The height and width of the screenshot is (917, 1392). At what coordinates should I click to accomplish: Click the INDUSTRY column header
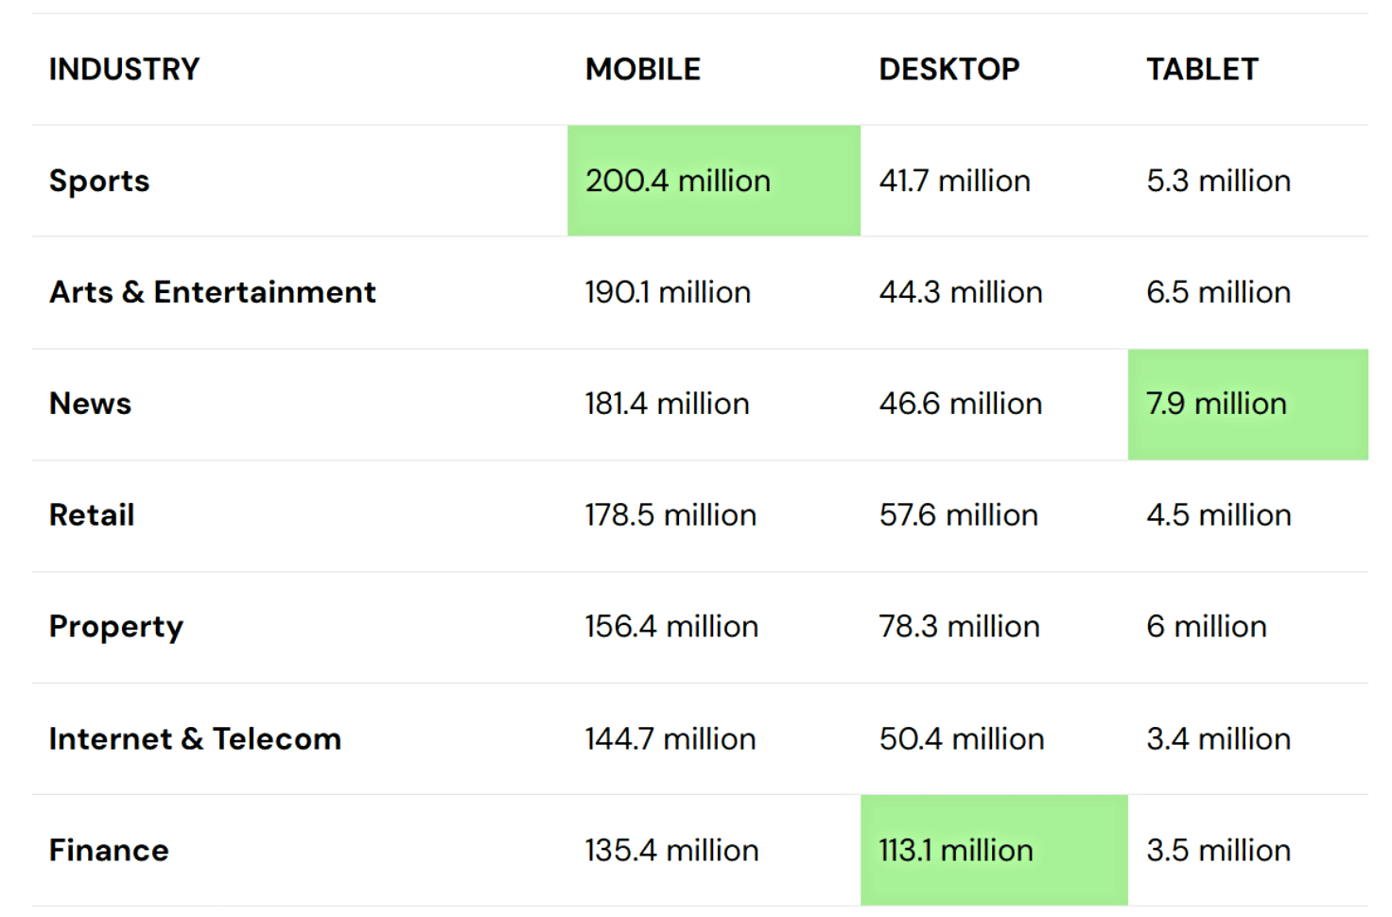124,69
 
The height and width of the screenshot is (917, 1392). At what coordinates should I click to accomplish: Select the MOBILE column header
643,69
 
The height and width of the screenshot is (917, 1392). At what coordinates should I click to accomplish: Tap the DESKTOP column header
949,69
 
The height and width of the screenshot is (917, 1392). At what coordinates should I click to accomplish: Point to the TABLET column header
1202,69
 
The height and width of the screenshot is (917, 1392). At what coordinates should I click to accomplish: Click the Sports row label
99,181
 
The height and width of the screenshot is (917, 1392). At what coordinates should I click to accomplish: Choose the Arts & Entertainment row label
213,292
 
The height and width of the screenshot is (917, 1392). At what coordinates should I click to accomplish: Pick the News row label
91,404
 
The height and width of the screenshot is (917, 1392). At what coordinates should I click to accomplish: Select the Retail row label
92,515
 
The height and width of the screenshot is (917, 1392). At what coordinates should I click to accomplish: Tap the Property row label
116,627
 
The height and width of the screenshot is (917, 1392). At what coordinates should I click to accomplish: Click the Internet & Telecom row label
195,738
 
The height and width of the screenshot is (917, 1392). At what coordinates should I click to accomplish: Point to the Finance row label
109,850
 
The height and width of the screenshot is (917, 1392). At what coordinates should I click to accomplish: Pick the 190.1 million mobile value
668,292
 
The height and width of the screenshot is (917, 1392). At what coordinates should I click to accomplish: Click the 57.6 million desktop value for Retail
959,515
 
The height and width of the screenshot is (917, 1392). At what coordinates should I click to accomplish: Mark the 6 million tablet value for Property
1207,627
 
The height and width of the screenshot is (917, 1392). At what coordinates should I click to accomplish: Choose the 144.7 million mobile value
670,738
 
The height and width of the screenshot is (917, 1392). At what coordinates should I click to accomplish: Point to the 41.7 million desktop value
955,181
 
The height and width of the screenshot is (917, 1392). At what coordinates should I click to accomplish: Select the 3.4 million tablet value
1218,738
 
